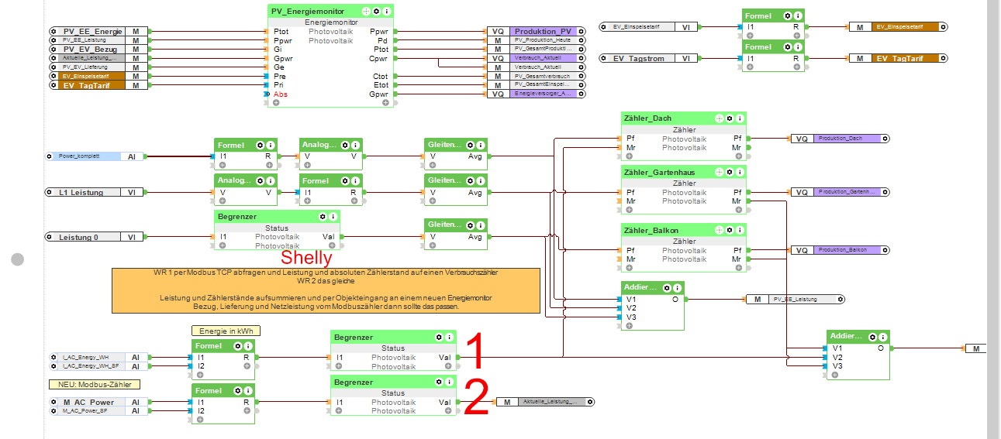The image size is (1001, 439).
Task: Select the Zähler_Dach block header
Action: (647, 118)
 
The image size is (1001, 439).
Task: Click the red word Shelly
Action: (306, 258)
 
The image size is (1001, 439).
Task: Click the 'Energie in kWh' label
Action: (226, 331)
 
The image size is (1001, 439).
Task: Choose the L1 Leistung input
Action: (81, 192)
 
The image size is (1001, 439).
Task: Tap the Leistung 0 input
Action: (79, 237)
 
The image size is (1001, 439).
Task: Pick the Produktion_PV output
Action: (543, 32)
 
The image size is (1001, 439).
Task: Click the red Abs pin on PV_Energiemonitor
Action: (281, 94)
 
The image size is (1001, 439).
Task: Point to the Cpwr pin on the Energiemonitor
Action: (379, 58)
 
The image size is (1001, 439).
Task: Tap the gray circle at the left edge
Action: (18, 260)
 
